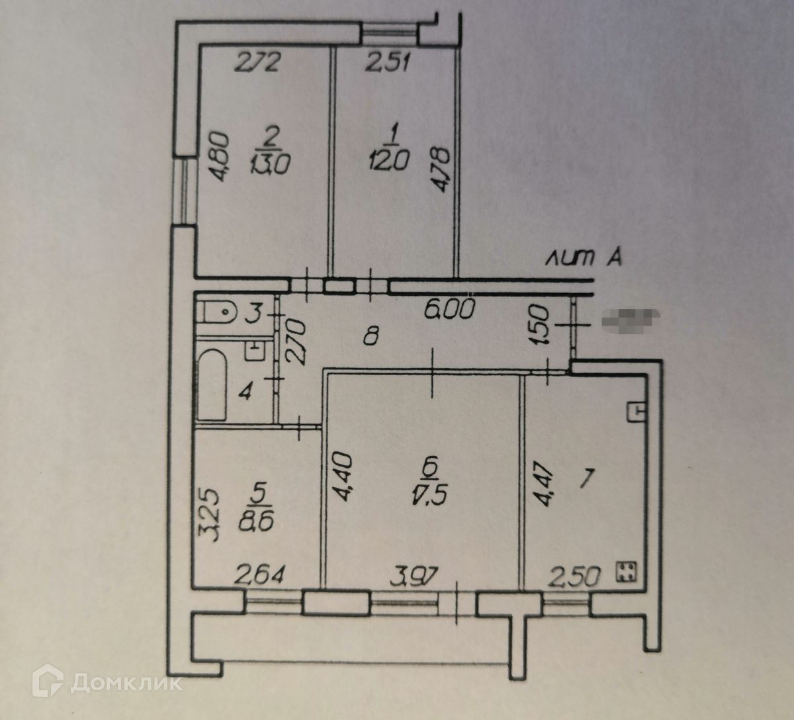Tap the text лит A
tap(583, 259)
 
